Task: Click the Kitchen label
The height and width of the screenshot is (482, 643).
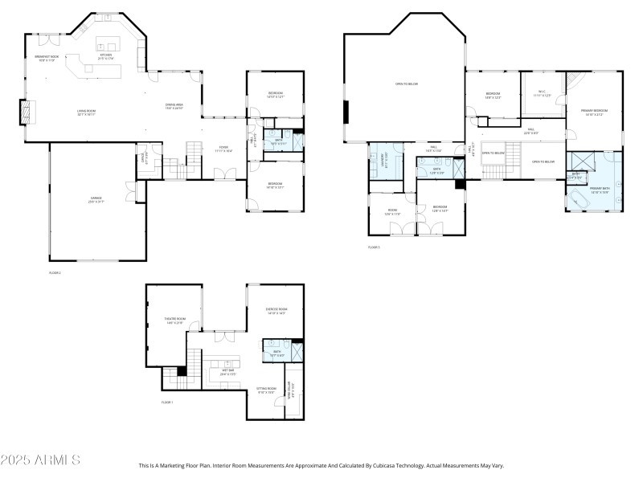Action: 106,56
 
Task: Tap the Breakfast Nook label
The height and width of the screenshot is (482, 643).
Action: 46,58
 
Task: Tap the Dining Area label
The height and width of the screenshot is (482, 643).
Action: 174,106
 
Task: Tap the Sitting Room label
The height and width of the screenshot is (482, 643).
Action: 267,390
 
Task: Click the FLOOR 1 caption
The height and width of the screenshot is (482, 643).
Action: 167,402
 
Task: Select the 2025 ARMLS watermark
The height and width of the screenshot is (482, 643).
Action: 40,460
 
